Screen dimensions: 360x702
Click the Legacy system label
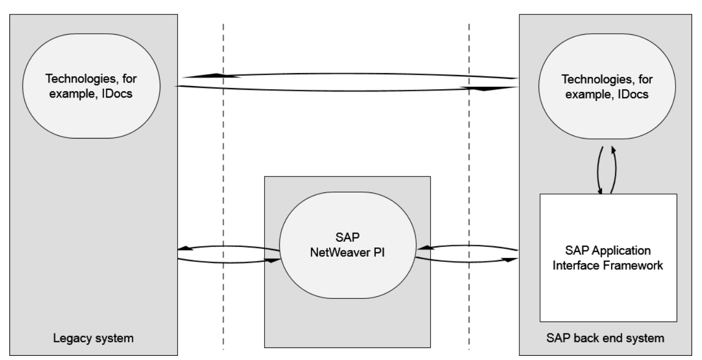[x=94, y=339]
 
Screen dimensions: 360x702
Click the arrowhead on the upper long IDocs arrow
[x=221, y=76]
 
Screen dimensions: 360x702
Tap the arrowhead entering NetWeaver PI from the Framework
[x=421, y=249]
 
